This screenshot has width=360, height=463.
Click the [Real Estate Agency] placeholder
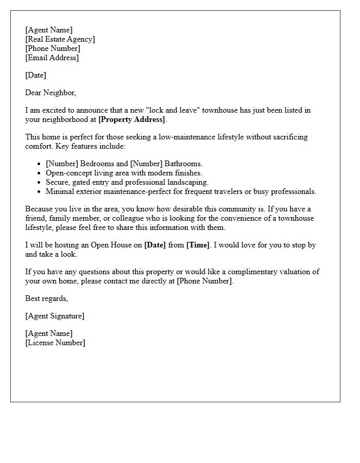60,39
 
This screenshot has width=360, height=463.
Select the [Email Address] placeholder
52,58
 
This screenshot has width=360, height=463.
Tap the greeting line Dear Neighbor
50,93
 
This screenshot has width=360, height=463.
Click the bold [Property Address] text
132,119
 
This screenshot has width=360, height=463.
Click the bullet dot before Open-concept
40,173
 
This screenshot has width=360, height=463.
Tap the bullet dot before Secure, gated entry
40,183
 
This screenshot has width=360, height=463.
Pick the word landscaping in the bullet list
187,182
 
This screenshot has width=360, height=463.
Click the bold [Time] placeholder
198,245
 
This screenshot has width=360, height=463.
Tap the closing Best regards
46,298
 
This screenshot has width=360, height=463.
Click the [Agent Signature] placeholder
55,316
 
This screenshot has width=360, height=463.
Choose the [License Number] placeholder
55,343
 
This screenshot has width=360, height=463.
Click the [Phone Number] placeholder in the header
52,48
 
